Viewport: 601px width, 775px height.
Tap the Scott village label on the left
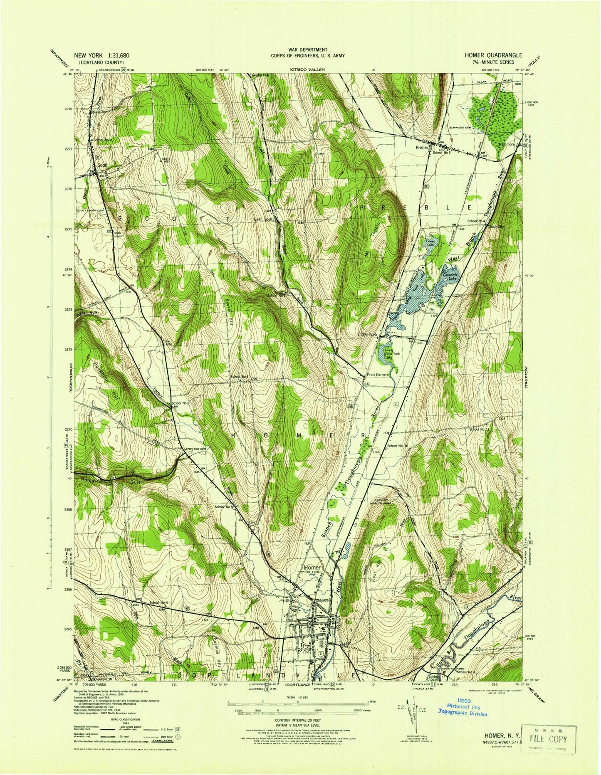102,165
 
